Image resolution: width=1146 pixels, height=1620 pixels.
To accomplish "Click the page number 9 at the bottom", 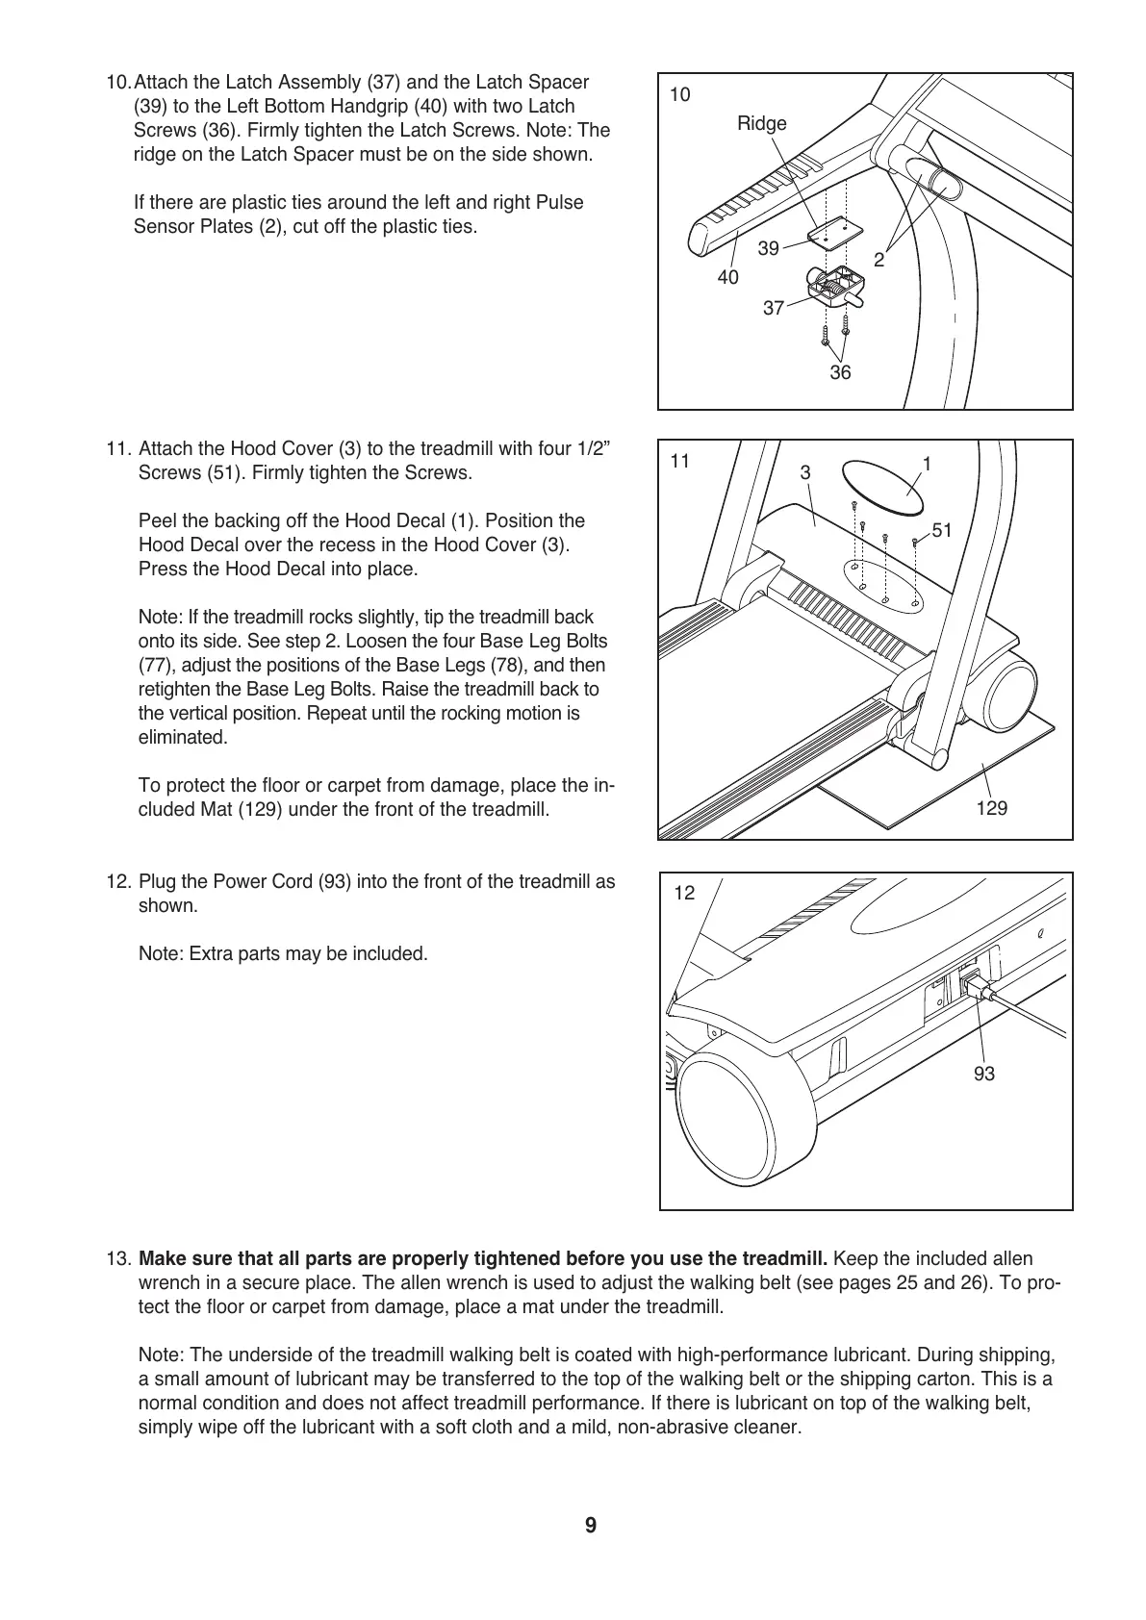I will (x=590, y=1526).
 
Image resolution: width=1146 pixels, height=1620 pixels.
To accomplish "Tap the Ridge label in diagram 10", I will (x=761, y=123).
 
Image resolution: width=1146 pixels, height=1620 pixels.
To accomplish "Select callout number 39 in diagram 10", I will (x=768, y=249).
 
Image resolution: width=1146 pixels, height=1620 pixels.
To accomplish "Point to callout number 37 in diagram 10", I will (x=774, y=309).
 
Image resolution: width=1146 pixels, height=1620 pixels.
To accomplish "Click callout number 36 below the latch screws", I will (x=840, y=372).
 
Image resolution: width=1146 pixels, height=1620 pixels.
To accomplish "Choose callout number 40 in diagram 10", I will (x=728, y=277).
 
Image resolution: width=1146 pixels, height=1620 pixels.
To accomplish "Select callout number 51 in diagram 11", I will (x=942, y=531).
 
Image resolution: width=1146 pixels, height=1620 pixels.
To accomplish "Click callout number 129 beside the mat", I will (x=991, y=808).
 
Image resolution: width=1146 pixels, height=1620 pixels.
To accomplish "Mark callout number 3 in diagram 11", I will (x=805, y=473).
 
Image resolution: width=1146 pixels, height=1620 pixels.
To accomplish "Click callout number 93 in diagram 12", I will (x=983, y=1074).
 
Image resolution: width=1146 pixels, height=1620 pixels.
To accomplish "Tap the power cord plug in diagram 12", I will (x=974, y=986).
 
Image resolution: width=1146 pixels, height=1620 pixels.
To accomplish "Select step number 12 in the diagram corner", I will (x=684, y=894).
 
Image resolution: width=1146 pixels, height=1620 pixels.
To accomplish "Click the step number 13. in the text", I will (x=119, y=1259).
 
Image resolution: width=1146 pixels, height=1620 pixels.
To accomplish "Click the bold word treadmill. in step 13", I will (x=786, y=1259).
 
